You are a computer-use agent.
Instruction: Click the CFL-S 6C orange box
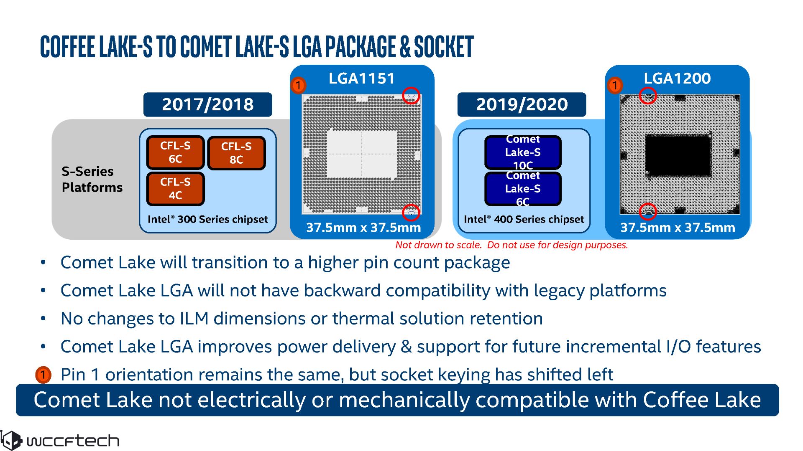point(175,152)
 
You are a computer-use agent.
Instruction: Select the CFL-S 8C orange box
point(236,153)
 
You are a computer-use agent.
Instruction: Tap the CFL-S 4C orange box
point(175,189)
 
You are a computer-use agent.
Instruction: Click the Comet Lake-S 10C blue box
point(523,152)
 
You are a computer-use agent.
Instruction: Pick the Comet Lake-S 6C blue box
point(523,189)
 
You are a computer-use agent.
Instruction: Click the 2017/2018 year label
point(207,104)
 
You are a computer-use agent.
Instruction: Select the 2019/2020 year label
point(522,104)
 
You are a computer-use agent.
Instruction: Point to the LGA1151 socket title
point(362,79)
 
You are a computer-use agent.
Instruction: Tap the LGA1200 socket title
point(677,79)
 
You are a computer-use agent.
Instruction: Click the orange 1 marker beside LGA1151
point(299,86)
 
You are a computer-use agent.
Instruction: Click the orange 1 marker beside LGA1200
point(615,86)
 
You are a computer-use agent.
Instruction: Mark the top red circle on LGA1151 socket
point(411,96)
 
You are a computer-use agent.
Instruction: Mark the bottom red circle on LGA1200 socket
point(648,212)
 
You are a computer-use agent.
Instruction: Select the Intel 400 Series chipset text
point(524,219)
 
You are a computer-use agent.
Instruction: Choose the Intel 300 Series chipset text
point(208,219)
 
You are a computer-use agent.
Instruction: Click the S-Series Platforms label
point(92,179)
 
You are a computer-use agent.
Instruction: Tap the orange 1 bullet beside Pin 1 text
point(43,375)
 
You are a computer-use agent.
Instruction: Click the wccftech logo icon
point(11,440)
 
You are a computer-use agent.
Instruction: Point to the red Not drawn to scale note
point(511,245)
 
